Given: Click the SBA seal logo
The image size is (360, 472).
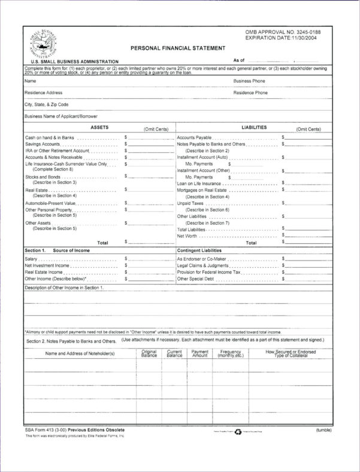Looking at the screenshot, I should click(x=43, y=44).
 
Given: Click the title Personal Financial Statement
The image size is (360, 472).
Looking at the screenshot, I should click(x=178, y=48).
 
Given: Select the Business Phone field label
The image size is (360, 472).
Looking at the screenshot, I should click(x=249, y=80).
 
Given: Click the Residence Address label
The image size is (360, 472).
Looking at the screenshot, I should click(x=43, y=93).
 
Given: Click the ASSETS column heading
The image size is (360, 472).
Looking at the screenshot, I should click(x=99, y=128).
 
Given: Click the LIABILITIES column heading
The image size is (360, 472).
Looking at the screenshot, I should click(x=254, y=128).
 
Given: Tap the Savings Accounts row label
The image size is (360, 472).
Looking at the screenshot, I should click(x=42, y=144).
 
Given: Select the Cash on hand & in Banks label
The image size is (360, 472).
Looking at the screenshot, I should click(x=50, y=137).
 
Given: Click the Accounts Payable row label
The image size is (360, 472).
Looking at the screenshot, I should click(x=194, y=137).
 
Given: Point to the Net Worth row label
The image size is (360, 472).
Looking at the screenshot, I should click(x=187, y=236).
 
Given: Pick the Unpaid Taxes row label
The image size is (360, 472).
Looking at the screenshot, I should click(x=190, y=203).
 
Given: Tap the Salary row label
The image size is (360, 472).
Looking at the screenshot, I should click(x=31, y=259).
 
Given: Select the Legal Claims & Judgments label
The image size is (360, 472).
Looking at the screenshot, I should click(x=202, y=265).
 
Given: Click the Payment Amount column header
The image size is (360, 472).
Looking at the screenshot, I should click(x=199, y=353).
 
